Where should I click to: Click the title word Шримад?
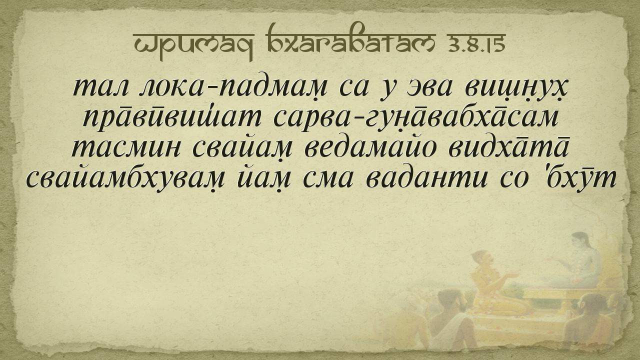point(193,44)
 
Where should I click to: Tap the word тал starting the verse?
point(100,88)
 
